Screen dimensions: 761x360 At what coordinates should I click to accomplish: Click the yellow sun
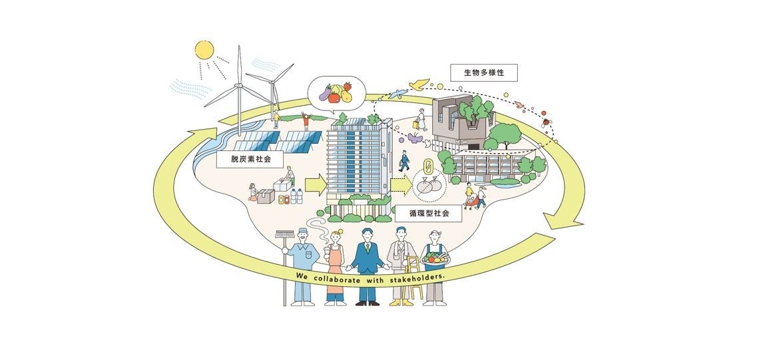[204, 51]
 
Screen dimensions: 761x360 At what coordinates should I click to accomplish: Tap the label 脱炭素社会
[248, 159]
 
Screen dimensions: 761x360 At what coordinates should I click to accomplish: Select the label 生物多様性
[483, 73]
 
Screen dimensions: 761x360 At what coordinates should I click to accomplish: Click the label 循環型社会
[428, 214]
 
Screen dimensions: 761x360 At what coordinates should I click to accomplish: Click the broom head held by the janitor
[285, 234]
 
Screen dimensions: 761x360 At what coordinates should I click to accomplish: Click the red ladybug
[547, 122]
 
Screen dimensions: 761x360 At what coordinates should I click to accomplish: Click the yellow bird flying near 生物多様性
[419, 85]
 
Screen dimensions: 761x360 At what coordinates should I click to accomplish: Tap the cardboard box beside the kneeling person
[266, 196]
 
